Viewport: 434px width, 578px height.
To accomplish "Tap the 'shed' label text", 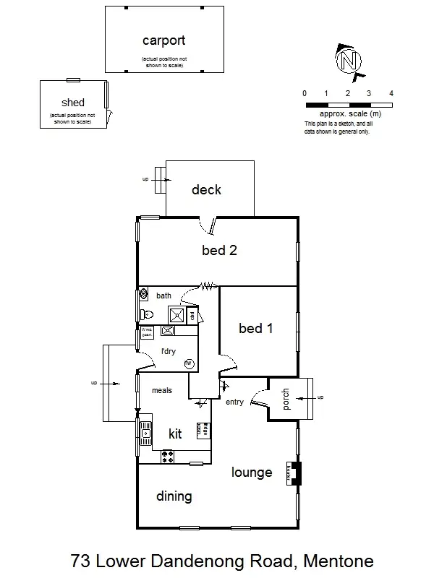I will (73, 103).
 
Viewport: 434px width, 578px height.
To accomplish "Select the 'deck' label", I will (206, 190).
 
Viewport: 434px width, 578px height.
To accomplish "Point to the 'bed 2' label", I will (220, 251).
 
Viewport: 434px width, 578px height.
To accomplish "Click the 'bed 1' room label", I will (256, 329).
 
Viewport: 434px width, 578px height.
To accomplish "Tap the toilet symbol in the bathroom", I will (147, 314).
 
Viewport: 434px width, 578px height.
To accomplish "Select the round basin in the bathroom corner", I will (144, 295).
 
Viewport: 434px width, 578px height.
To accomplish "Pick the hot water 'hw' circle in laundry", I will (189, 363).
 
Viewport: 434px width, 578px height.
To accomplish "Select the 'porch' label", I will (286, 400).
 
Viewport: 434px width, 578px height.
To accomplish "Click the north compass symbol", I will (349, 60).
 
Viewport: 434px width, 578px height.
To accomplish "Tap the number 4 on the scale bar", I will (391, 94).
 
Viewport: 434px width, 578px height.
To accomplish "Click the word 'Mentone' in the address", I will (339, 560).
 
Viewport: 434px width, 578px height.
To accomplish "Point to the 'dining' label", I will (174, 496).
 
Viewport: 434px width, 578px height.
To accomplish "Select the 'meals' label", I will (161, 390).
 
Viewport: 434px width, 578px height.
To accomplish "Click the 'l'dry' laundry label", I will (169, 352).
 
